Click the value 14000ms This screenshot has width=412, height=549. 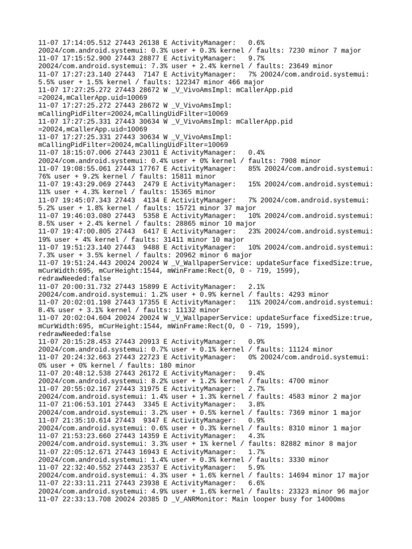click(329, 499)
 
